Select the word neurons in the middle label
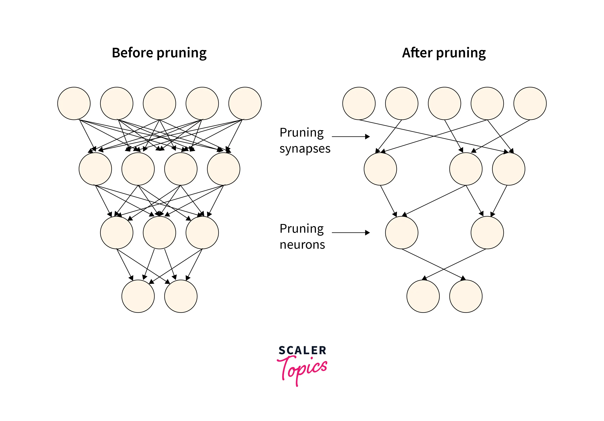[x=302, y=245]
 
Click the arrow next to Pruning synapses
[x=351, y=137]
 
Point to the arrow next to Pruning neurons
[x=351, y=233]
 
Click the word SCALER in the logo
[x=302, y=350]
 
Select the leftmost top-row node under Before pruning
[x=74, y=103]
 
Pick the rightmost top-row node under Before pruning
[x=245, y=103]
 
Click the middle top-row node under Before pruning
[x=159, y=103]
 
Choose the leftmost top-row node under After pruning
[x=359, y=103]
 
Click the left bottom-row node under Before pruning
[x=138, y=296]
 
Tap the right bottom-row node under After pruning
[x=466, y=296]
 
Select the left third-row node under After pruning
[x=402, y=233]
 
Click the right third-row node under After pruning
[x=487, y=233]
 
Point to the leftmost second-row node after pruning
[x=380, y=169]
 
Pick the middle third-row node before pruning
[x=159, y=233]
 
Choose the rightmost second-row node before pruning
[x=224, y=169]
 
